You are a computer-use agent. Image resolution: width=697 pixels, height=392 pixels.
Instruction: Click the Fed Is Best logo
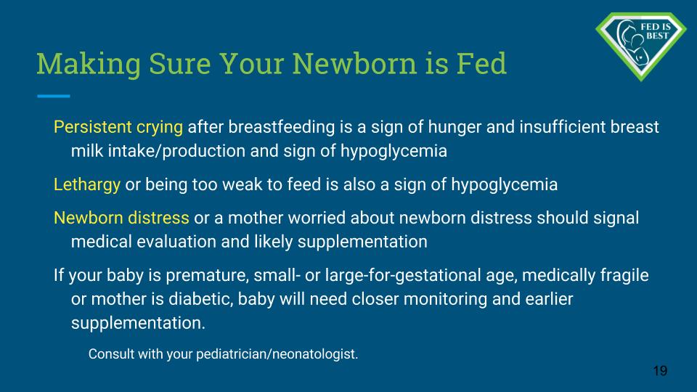[641, 46]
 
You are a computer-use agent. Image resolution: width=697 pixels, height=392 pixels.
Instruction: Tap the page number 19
[660, 371]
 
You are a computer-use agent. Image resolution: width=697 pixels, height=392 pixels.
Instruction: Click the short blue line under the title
[53, 96]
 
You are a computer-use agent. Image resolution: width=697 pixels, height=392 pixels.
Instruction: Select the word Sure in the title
[179, 63]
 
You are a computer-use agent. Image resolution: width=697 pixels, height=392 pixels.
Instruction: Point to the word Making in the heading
[89, 65]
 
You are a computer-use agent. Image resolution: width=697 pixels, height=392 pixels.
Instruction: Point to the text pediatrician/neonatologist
[277, 354]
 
